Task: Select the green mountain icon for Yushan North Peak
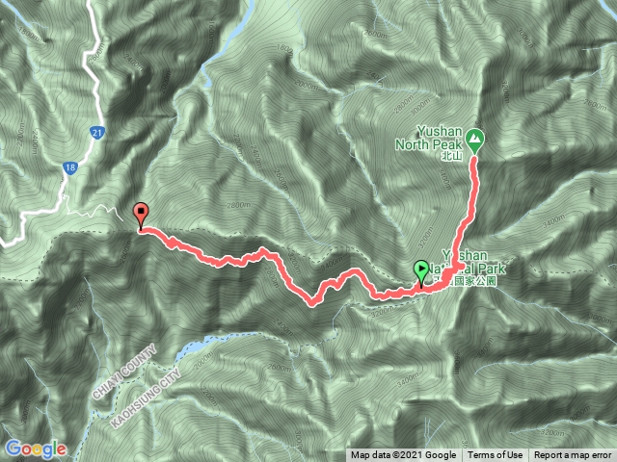(x=477, y=140)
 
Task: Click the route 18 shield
(x=71, y=168)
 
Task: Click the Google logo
(x=36, y=449)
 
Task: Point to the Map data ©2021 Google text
(x=404, y=455)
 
